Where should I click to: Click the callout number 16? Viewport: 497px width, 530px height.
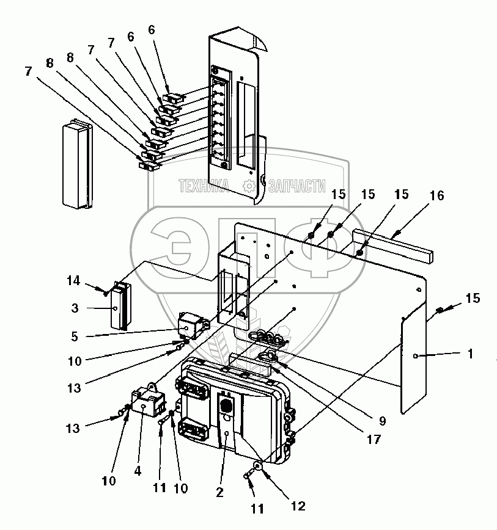pos(436,195)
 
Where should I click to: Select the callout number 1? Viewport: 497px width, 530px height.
pos(470,354)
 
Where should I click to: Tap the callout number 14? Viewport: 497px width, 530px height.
pos(73,280)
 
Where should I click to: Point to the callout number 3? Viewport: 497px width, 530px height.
pos(75,308)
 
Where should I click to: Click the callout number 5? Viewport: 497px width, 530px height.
pos(75,336)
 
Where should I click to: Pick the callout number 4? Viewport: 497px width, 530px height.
pos(138,471)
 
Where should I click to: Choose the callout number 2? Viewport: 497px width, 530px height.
pos(219,493)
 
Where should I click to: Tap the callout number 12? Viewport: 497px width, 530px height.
pos(298,506)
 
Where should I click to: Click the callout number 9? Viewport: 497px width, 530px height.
pos(382,421)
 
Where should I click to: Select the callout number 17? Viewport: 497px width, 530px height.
pos(374,440)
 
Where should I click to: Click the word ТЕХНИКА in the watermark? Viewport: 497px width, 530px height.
pos(204,186)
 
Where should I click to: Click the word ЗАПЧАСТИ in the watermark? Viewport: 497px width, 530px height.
pos(297,186)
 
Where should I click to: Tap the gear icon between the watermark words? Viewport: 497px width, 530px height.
pos(249,186)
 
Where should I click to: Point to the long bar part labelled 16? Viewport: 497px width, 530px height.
pos(393,246)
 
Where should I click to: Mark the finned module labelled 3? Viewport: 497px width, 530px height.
pos(121,305)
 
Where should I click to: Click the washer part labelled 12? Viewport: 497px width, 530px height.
pos(258,467)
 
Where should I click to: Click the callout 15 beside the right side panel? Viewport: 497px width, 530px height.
pos(473,298)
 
